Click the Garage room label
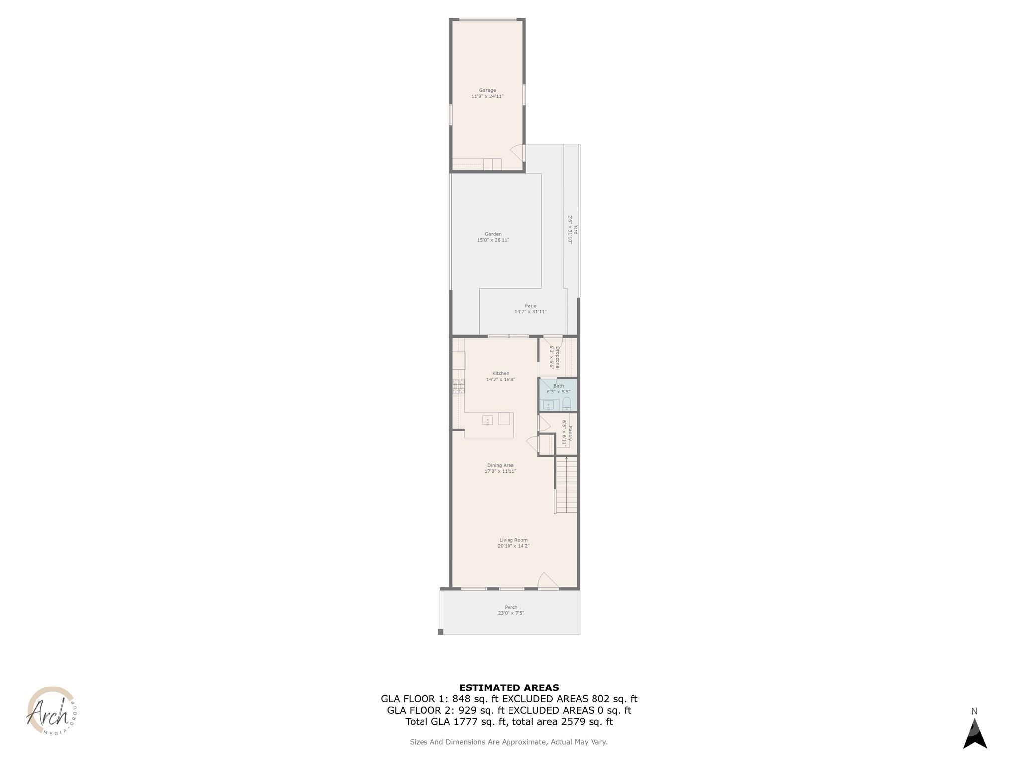[487, 90]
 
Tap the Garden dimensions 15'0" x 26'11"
[493, 240]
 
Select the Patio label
[530, 306]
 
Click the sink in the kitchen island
[487, 420]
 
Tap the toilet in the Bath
[567, 403]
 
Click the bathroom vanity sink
[548, 405]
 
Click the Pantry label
[570, 433]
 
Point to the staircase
[566, 485]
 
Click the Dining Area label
[500, 465]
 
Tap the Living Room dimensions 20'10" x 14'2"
[513, 546]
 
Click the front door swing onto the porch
[548, 581]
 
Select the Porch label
[511, 607]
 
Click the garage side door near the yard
[518, 153]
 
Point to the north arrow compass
[975, 733]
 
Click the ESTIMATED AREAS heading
[509, 688]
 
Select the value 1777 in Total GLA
[465, 722]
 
